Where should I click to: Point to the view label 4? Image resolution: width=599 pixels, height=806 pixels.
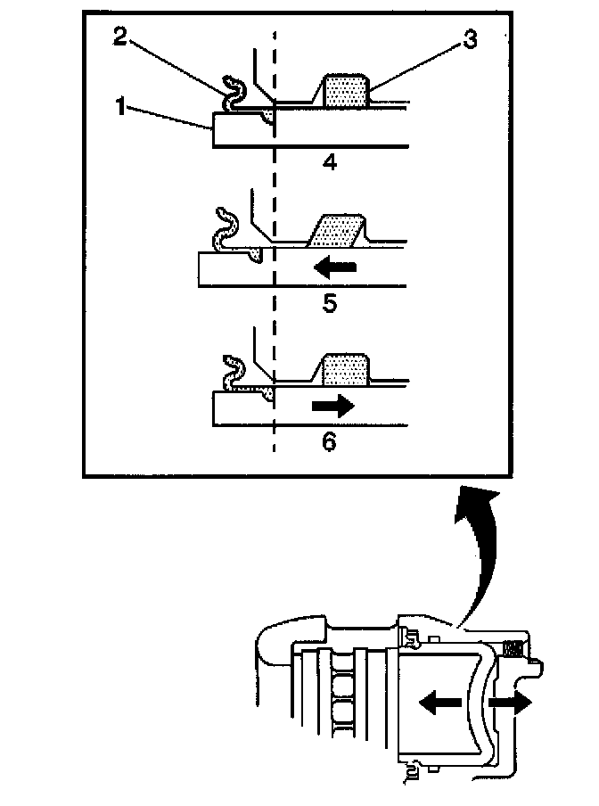pyautogui.click(x=329, y=163)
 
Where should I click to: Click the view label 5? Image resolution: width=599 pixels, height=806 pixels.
pyautogui.click(x=329, y=303)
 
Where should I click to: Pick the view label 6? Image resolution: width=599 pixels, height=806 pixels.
pyautogui.click(x=329, y=441)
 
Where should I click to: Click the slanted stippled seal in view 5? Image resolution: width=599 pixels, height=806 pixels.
pyautogui.click(x=337, y=231)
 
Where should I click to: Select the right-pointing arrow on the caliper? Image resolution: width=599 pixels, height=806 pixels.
pyautogui.click(x=512, y=703)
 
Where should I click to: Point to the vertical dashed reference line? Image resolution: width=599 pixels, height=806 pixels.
pyautogui.click(x=274, y=312)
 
